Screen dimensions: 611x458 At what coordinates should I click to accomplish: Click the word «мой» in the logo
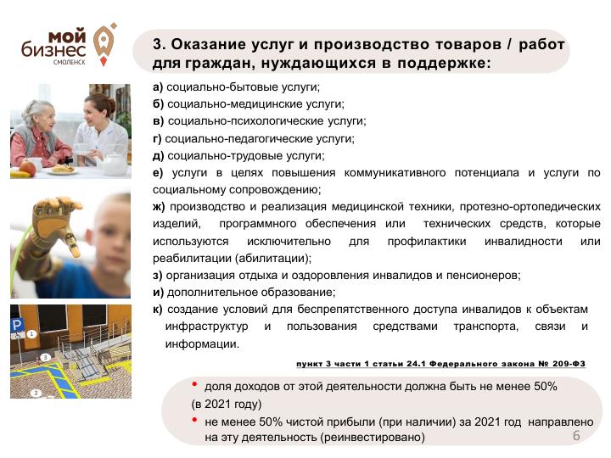(x=67, y=36)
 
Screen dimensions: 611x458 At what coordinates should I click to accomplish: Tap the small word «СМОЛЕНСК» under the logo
(x=70, y=62)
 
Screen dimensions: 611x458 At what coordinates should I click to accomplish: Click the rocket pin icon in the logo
(x=104, y=44)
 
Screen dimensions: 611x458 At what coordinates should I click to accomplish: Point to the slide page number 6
(x=576, y=435)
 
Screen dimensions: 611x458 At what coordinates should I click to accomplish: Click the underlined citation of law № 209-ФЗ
(x=440, y=363)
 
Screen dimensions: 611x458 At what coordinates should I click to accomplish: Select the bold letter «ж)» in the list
(x=159, y=206)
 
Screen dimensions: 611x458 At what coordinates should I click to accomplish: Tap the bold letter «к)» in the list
(x=158, y=310)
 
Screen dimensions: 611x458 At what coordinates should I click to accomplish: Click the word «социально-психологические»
(x=246, y=121)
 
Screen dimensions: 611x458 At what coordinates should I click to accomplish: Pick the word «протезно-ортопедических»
(x=530, y=206)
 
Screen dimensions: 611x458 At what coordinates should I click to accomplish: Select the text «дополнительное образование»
(x=251, y=293)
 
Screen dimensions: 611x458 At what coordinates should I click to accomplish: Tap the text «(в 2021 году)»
(x=227, y=404)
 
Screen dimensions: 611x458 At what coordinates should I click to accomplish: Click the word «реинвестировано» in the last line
(x=373, y=438)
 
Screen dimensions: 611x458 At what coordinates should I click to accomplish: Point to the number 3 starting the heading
(x=158, y=43)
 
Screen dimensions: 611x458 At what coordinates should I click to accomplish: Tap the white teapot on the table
(x=114, y=164)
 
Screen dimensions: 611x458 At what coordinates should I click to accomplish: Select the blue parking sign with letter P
(x=17, y=325)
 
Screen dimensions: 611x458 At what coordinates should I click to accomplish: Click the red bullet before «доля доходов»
(x=194, y=385)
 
